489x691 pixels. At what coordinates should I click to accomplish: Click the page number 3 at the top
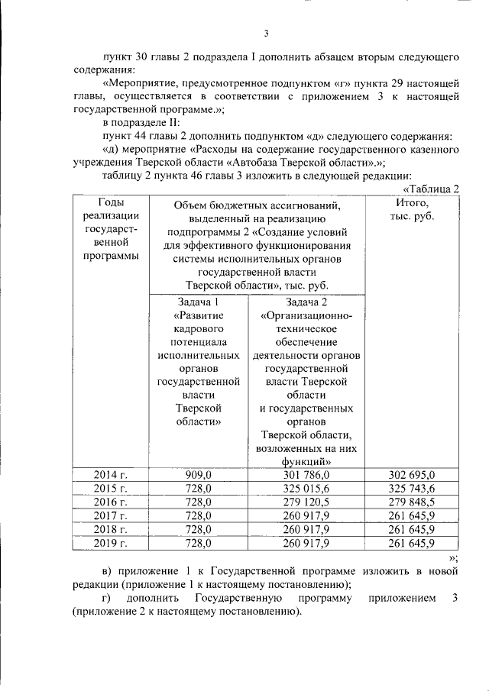pos(266,33)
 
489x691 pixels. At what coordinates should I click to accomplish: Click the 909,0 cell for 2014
pos(198,475)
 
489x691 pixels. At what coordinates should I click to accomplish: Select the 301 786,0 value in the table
pos(305,475)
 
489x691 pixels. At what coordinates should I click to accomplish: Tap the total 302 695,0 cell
pos(411,475)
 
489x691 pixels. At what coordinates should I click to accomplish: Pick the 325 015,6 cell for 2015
pos(305,489)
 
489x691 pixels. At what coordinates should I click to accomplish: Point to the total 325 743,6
pos(411,489)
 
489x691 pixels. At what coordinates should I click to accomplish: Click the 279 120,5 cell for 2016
pos(305,502)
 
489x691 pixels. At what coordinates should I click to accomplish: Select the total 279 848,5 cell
pos(411,502)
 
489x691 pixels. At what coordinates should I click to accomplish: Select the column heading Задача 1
pos(198,302)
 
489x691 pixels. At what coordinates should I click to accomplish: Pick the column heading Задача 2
pos(305,302)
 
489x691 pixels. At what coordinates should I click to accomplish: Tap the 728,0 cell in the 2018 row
pos(198,530)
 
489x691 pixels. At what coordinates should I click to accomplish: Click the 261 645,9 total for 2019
pos(411,544)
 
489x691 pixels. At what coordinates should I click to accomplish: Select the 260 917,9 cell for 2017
pos(305,516)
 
